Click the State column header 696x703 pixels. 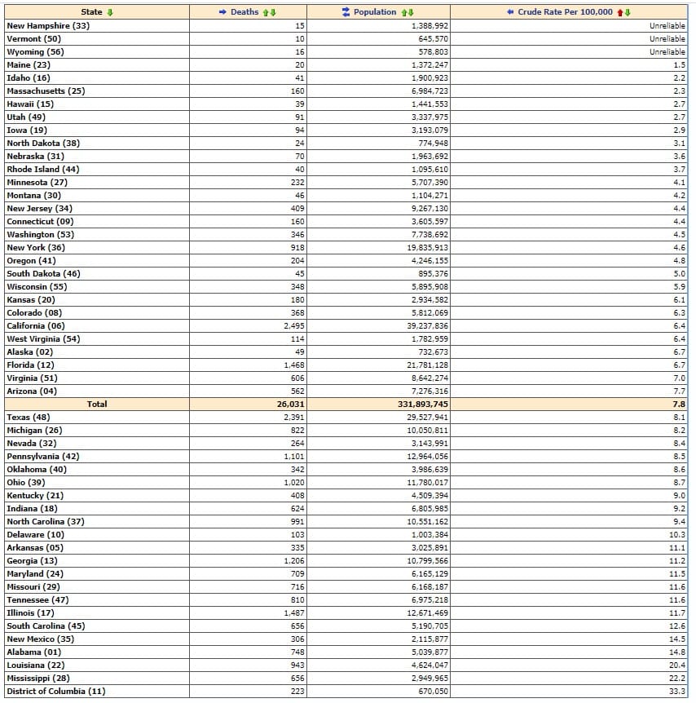pos(96,12)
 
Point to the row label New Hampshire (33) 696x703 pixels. pos(48,26)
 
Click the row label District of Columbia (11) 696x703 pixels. pos(55,692)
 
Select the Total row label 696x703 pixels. pos(97,405)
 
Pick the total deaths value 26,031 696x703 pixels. pos(290,405)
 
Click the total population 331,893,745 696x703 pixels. pos(419,405)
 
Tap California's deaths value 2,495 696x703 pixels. pos(294,326)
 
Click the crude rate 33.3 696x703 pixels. pos(678,692)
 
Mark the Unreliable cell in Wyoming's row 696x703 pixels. pos(667,52)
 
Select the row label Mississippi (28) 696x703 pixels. pos(38,679)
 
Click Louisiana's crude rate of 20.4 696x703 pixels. pos(678,665)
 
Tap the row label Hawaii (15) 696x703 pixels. pos(30,104)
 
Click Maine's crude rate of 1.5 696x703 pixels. pos(680,65)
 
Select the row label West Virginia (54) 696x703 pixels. pos(43,339)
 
